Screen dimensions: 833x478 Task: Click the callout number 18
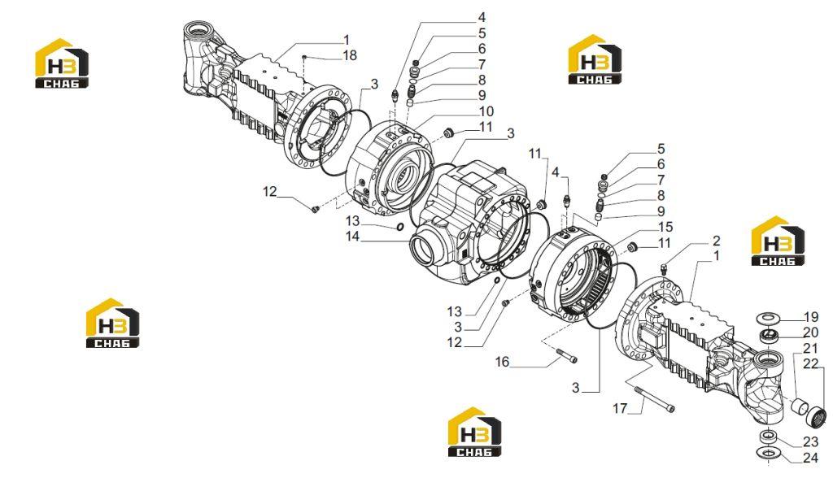350,55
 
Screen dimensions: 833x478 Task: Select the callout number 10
486,111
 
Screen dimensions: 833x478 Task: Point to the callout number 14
353,237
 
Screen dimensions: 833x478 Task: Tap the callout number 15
665,227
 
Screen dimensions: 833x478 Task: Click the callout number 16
502,362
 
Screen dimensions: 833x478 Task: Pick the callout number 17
620,408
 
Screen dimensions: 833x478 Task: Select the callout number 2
716,240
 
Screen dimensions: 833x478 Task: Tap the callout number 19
811,317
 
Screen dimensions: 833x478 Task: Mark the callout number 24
811,458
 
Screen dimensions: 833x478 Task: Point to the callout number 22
811,364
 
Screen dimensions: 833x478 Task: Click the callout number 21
810,349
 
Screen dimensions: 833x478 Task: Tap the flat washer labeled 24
768,453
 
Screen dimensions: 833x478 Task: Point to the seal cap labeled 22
817,415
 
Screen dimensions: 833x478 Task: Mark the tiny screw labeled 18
304,57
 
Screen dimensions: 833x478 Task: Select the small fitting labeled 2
664,268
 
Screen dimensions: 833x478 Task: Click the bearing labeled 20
768,335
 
